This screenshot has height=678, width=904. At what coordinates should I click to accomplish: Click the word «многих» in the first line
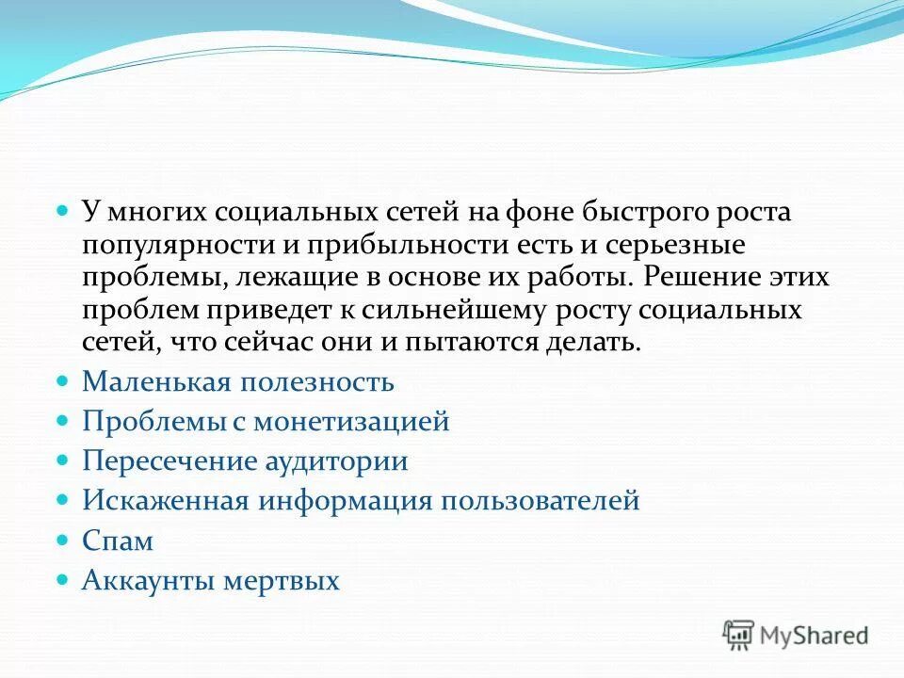coord(149,213)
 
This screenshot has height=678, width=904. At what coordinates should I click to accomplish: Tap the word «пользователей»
coord(540,501)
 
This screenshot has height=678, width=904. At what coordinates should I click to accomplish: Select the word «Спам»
coord(118,541)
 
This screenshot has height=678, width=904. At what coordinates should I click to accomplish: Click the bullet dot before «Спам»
coord(63,541)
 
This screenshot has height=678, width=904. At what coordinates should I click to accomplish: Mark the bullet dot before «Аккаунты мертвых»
coord(63,580)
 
